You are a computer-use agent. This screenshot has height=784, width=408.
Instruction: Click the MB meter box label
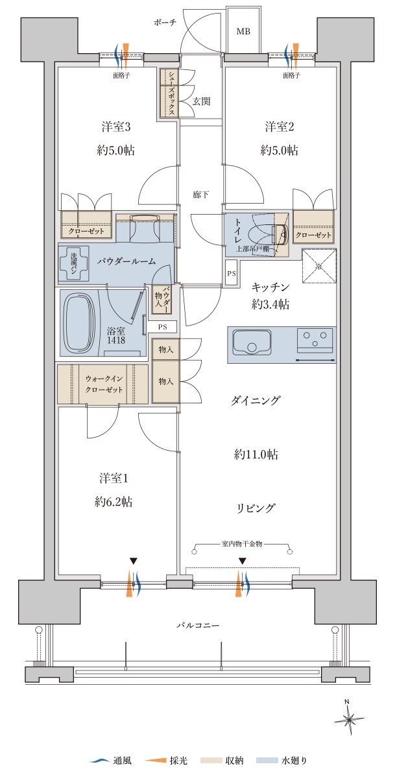coord(243,32)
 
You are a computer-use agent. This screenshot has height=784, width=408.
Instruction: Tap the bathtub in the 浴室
coord(80,323)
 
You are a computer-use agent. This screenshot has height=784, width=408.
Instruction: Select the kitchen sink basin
coord(252,341)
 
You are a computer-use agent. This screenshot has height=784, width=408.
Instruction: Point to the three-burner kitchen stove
coord(315,340)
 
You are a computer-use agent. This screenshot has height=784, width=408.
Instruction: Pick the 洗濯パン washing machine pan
coord(73,263)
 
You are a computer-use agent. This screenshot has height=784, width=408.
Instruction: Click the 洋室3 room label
coord(116,126)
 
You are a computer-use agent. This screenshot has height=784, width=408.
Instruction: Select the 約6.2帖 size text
coord(114,502)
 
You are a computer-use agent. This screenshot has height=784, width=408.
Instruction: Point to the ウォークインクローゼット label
coord(104,384)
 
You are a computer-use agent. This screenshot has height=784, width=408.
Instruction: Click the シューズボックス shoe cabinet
coord(169,93)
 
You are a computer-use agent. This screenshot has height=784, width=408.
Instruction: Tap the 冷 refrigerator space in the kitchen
coord(319,266)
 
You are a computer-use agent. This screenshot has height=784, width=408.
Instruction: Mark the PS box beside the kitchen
coord(232,274)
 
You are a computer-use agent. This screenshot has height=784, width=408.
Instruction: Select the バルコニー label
coord(198,625)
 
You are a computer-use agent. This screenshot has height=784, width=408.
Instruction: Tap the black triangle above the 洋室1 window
coord(133,561)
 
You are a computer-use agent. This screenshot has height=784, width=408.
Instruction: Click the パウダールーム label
coord(126,261)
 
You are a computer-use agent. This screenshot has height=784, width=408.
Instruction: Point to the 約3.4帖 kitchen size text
coord(270,305)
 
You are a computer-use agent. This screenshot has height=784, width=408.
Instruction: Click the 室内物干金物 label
coord(242,544)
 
